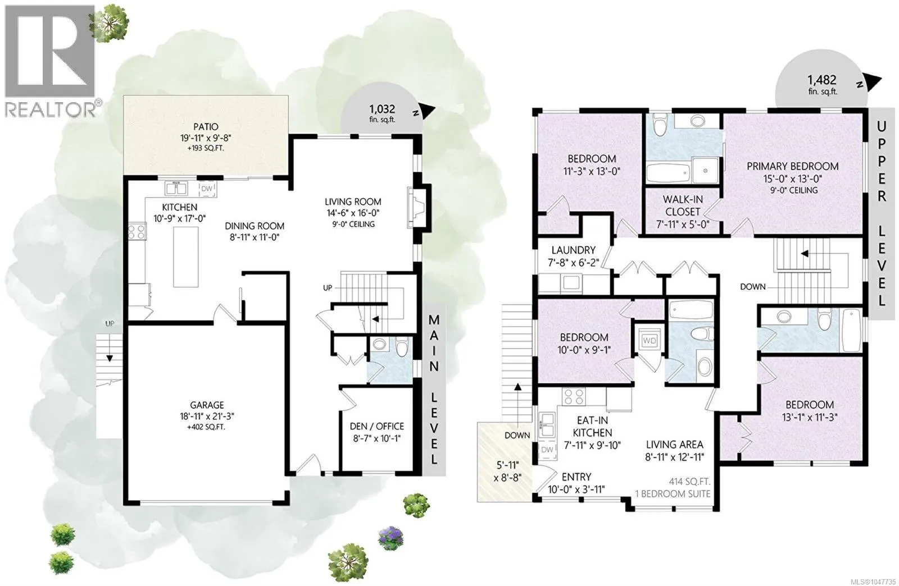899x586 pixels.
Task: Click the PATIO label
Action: pos(206,127)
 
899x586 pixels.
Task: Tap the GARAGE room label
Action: pos(207,405)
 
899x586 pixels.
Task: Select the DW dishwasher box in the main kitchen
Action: pos(207,189)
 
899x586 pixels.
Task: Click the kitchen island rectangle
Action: pos(185,257)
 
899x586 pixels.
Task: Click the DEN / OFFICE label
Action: pos(376,426)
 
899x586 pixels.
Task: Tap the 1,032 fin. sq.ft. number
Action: pos(382,109)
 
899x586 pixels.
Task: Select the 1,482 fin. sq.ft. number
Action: pos(822,80)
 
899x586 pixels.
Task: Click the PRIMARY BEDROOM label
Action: pos(793,166)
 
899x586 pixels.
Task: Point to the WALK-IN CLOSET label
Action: pos(682,205)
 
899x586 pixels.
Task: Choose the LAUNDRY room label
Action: pos(573,250)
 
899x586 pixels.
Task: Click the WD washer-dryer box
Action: pos(650,341)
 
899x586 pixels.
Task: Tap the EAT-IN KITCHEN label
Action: pos(592,427)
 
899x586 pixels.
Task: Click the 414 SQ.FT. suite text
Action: pos(689,482)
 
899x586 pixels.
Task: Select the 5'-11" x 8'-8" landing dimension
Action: pos(508,471)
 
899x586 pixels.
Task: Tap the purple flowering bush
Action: pos(391,538)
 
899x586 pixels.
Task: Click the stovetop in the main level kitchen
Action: pos(137,231)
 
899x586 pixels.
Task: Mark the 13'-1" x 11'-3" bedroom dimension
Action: pos(809,417)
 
